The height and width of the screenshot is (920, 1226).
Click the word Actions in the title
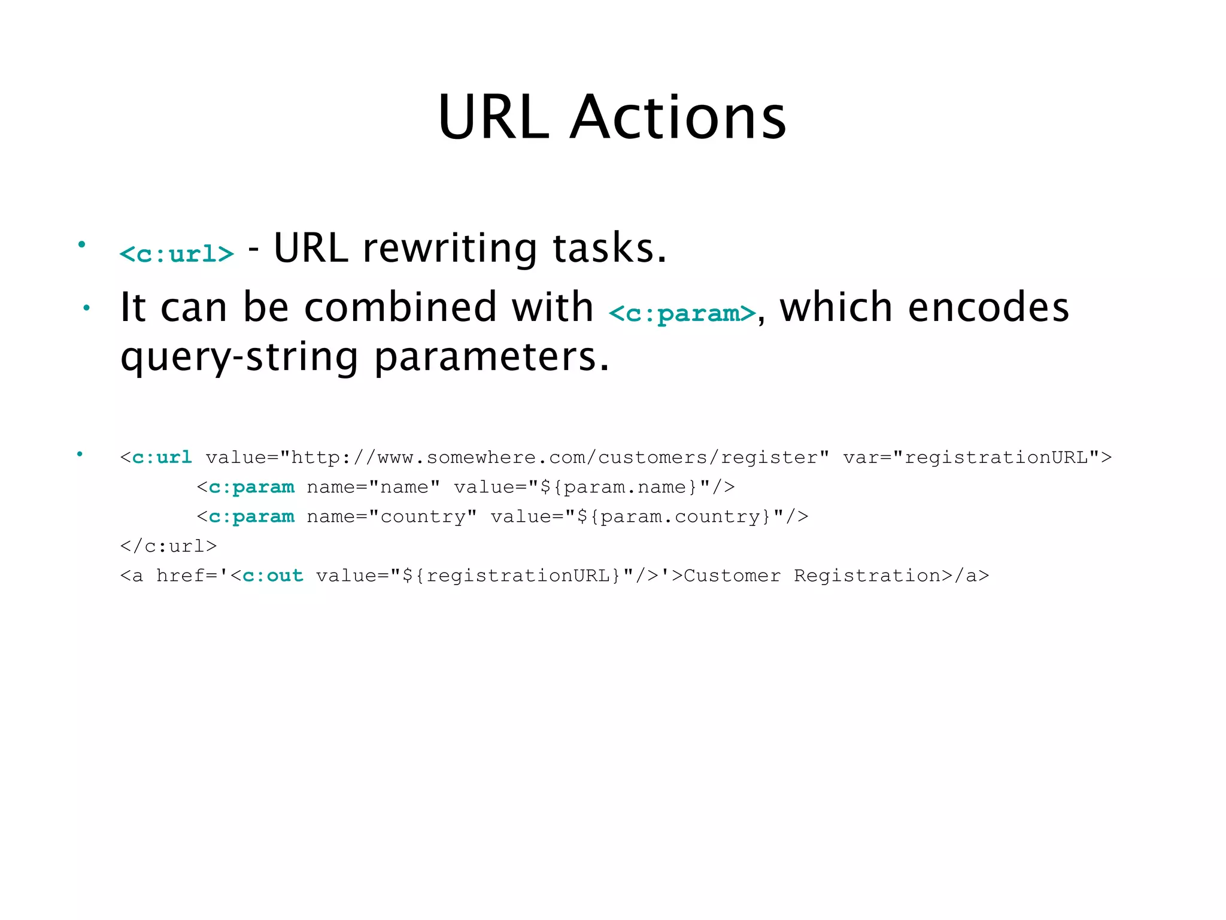pyautogui.click(x=678, y=117)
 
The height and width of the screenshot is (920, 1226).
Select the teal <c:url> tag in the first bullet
pyautogui.click(x=177, y=254)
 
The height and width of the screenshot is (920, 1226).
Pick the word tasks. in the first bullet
pyautogui.click(x=609, y=248)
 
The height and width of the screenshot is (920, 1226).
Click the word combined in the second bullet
pyautogui.click(x=400, y=307)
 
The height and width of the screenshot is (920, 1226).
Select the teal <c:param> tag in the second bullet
pyautogui.click(x=682, y=313)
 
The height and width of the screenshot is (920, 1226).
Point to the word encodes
pyautogui.click(x=988, y=307)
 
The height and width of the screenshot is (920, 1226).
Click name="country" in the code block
pyautogui.click(x=392, y=516)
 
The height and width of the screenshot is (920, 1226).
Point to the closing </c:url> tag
pyautogui.click(x=168, y=546)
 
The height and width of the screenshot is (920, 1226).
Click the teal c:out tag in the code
pyautogui.click(x=272, y=576)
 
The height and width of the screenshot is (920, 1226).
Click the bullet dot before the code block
pyautogui.click(x=80, y=454)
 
